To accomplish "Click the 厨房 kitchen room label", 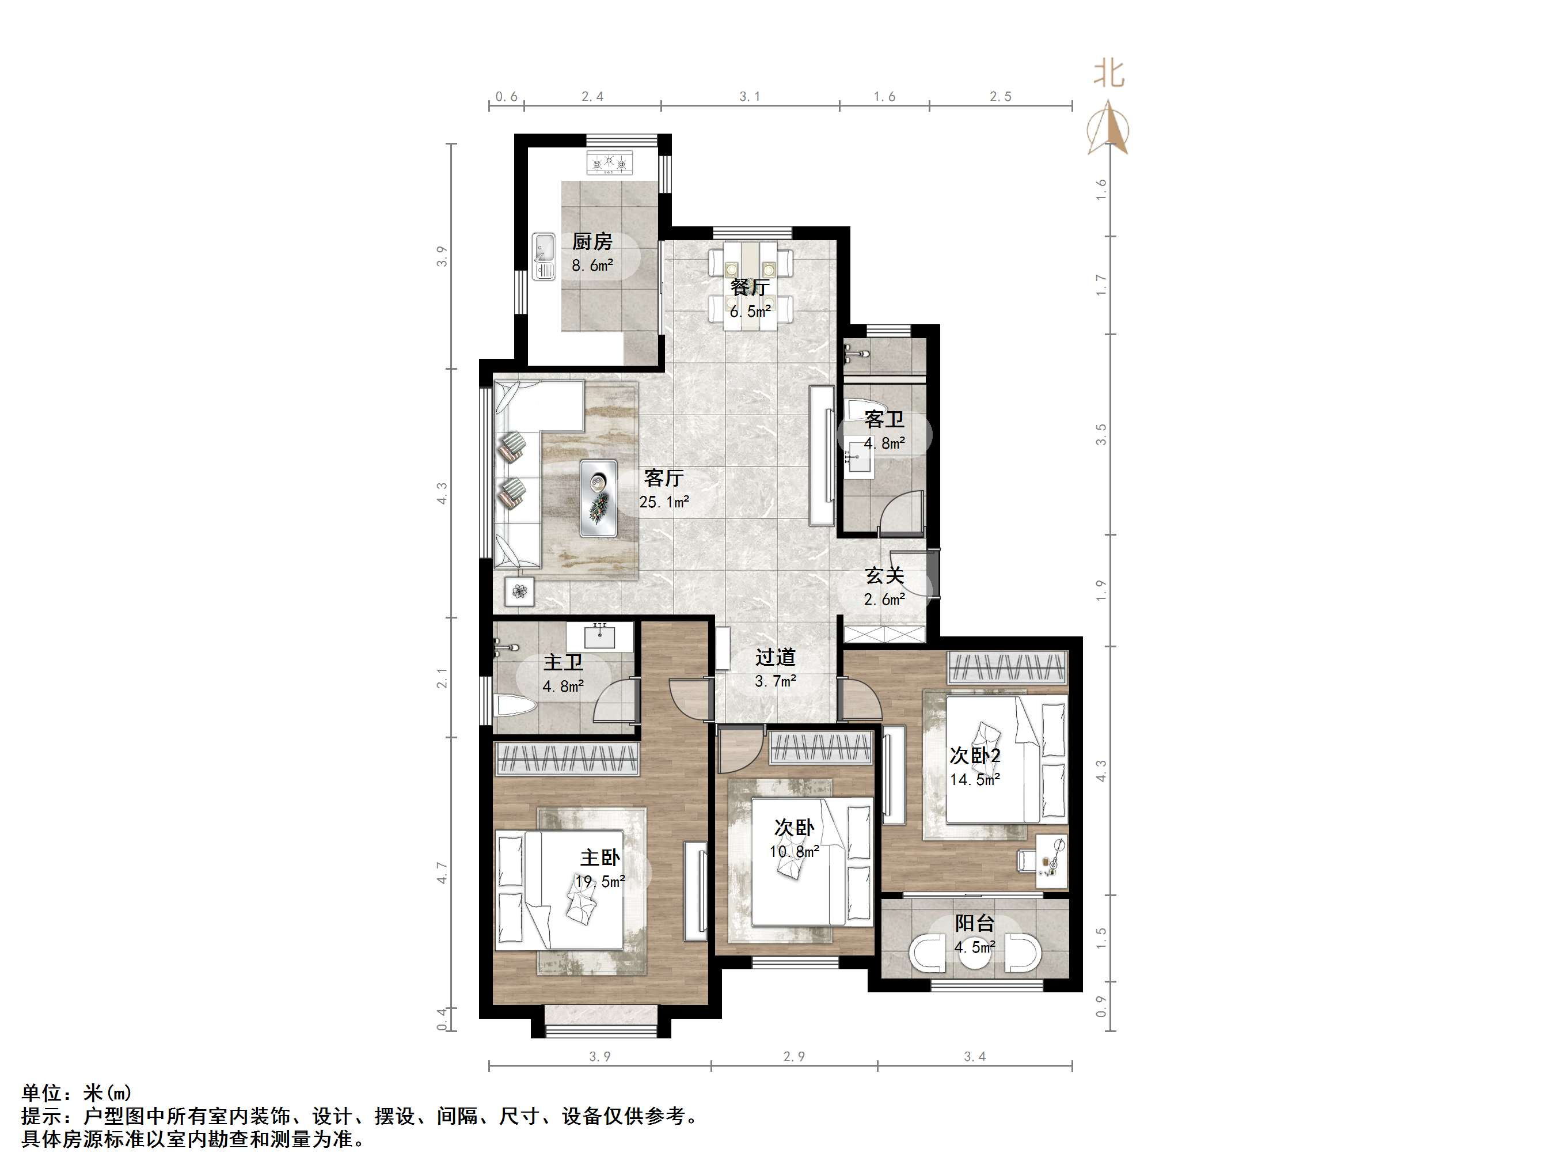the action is click(592, 242).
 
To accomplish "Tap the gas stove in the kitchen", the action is click(609, 163).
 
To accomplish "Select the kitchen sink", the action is click(545, 256).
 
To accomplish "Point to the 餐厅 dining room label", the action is click(749, 287).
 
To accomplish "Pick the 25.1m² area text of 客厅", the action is click(664, 502).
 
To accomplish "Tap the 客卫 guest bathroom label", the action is click(884, 420).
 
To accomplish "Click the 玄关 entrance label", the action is click(885, 576).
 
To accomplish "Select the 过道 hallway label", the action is click(776, 658).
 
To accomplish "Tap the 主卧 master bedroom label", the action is click(601, 858).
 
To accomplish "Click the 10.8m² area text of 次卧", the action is click(795, 851).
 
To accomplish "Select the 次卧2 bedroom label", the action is click(975, 756).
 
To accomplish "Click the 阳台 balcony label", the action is click(975, 923).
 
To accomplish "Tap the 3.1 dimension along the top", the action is click(750, 96).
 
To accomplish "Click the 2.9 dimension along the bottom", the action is click(795, 1057).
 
